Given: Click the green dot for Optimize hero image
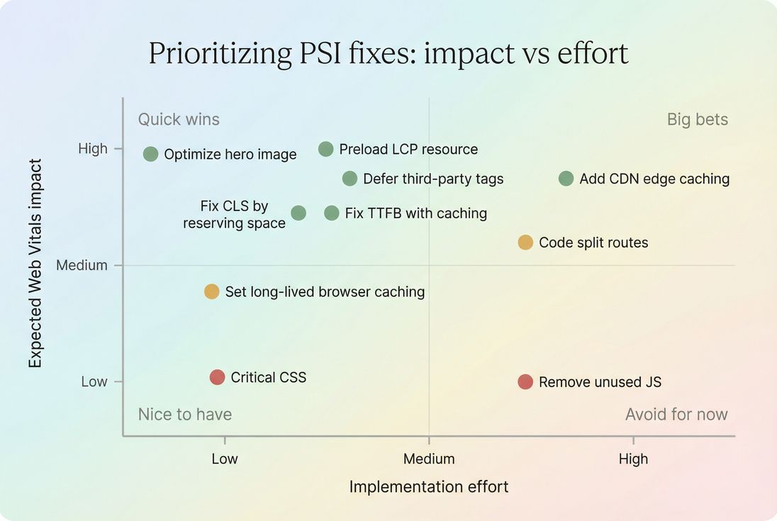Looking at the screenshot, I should pos(150,154).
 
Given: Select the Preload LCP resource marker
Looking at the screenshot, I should pos(325,149).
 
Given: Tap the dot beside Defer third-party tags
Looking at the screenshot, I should pos(350,179).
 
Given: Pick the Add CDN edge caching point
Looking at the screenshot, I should pos(566,179).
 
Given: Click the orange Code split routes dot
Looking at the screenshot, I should pos(525,242).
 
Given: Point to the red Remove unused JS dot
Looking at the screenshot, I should pos(525,382).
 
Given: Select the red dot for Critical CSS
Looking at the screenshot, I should pos(218,377).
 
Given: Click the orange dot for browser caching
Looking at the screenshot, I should pos(211,291).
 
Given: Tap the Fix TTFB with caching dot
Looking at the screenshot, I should pos(332,213).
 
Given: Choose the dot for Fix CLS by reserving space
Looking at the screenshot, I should pos(298,213).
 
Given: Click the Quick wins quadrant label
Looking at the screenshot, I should pos(179,119).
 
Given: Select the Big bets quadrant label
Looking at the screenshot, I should pos(698,119).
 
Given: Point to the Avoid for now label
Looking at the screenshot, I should pos(676,414).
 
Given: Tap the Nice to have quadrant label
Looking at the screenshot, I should pos(185,414).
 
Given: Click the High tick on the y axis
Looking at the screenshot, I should pos(93,148).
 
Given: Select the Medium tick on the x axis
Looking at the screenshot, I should pos(429,459).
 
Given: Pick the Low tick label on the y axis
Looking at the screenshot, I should pos(94,381).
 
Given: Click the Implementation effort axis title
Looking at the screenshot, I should pos(429,487).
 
